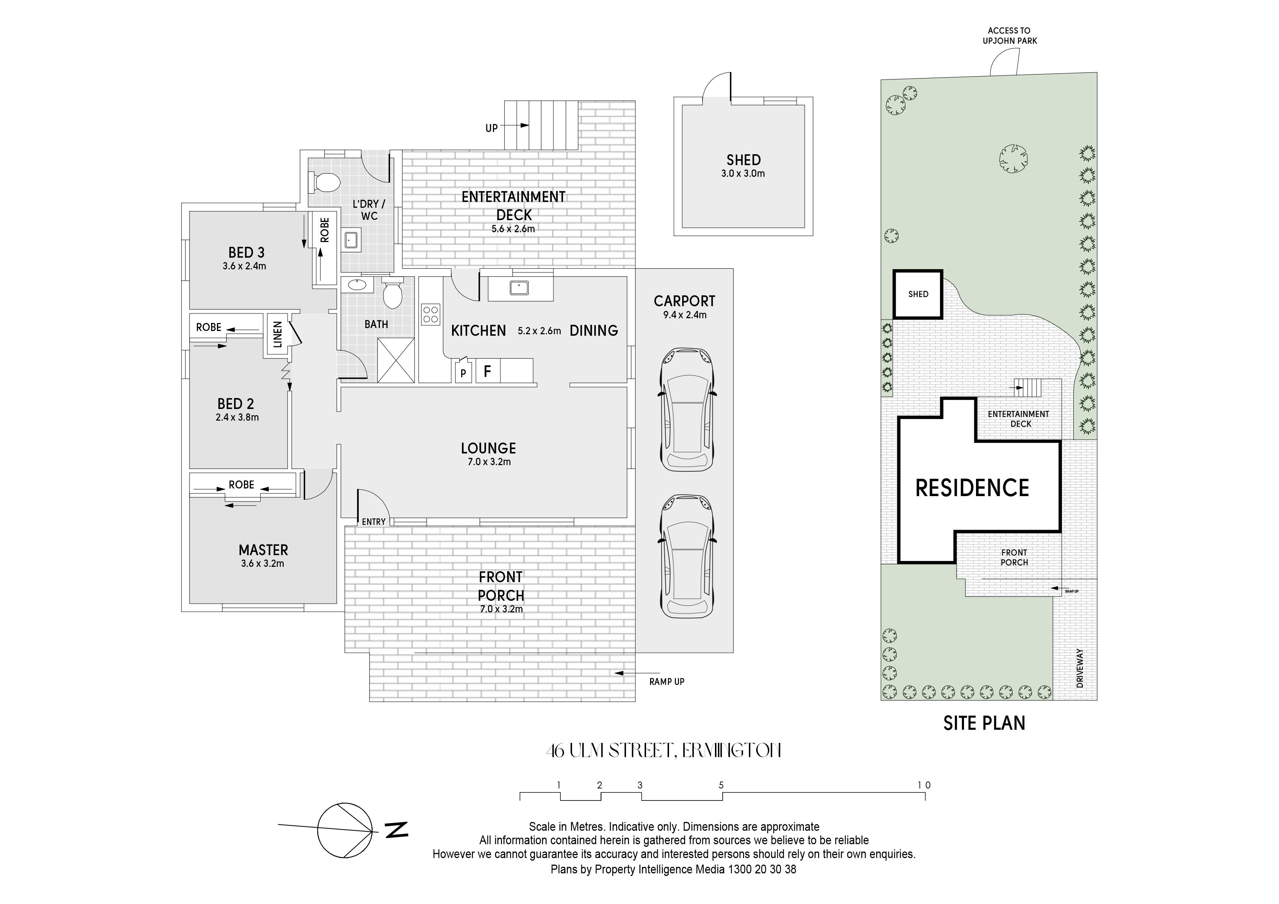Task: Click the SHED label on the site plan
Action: (918, 294)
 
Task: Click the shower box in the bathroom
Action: (396, 361)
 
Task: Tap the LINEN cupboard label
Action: (277, 334)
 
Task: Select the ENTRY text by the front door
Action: (374, 522)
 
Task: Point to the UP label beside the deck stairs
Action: (491, 128)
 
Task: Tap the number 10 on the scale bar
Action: (924, 786)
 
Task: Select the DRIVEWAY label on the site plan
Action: (1080, 668)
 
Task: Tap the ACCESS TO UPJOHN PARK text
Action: (1010, 36)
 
